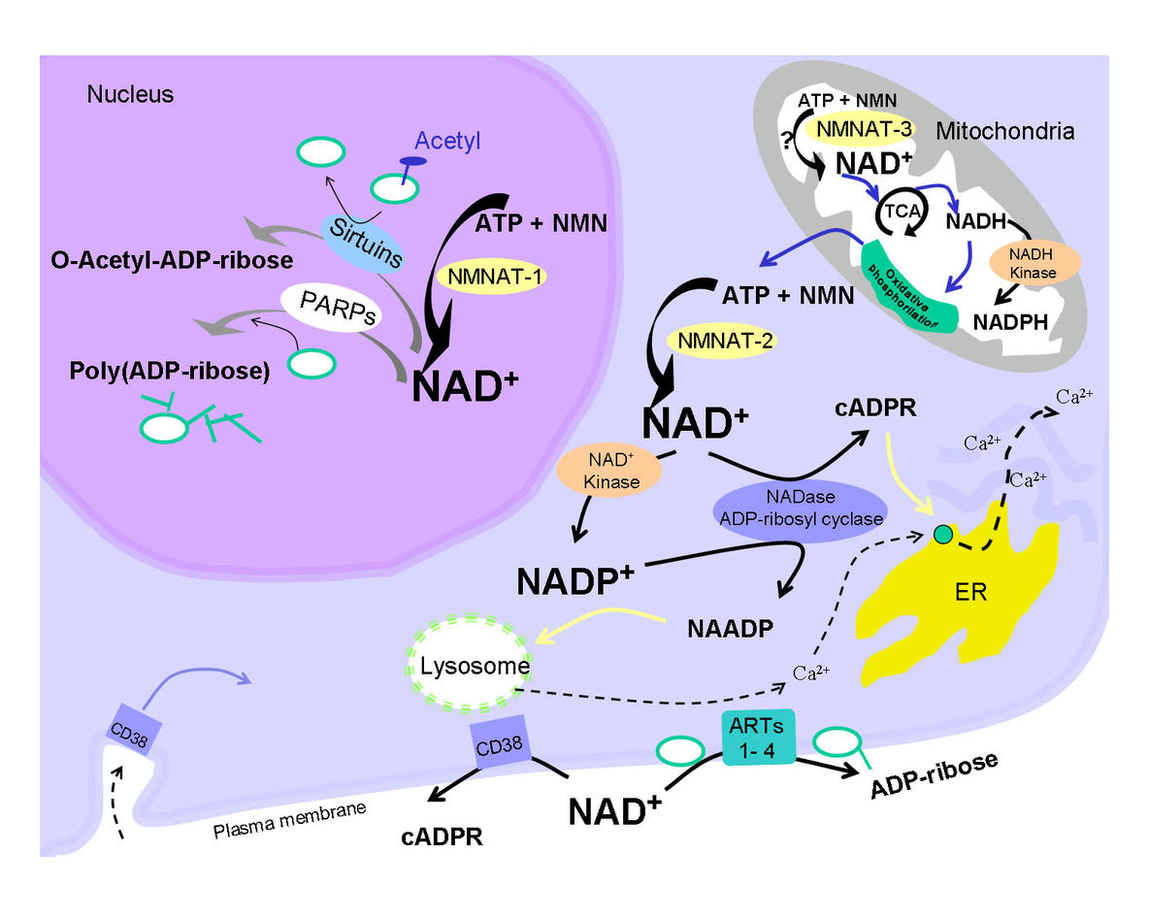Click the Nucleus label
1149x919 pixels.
[x=130, y=94]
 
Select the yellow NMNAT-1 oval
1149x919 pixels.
[x=491, y=276]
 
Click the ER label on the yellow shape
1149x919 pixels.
[x=970, y=592]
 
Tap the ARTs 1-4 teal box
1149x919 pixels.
[x=757, y=737]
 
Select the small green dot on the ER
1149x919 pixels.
[x=939, y=533]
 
